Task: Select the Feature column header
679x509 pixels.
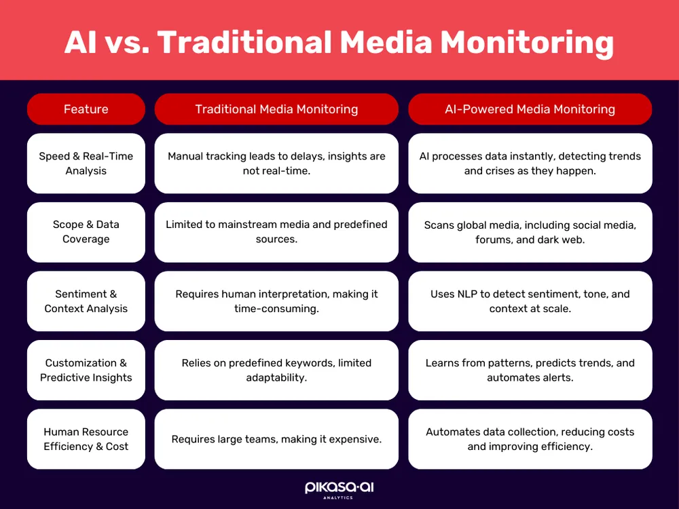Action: [x=86, y=109]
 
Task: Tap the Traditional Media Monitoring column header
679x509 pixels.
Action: [x=276, y=109]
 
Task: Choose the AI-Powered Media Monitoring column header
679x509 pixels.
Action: [x=530, y=109]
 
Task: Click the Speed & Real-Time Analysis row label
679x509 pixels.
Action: [x=86, y=164]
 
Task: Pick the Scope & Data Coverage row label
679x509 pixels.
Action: [x=86, y=232]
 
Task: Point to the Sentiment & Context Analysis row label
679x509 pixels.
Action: [x=86, y=301]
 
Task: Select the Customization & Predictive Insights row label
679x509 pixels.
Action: [x=86, y=370]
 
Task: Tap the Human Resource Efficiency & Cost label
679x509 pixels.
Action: [x=86, y=439]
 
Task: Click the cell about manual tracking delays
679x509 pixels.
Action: [x=276, y=164]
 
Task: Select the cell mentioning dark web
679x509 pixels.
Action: [x=530, y=232]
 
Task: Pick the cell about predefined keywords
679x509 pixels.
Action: [x=276, y=370]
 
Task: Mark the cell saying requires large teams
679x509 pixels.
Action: [x=276, y=439]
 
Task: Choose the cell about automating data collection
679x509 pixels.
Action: [x=530, y=439]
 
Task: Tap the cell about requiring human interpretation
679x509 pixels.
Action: [x=276, y=301]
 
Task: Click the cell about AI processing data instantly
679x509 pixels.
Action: [x=530, y=164]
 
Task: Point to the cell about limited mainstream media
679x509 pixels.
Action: [x=276, y=232]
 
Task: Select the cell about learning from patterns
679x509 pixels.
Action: [x=530, y=370]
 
